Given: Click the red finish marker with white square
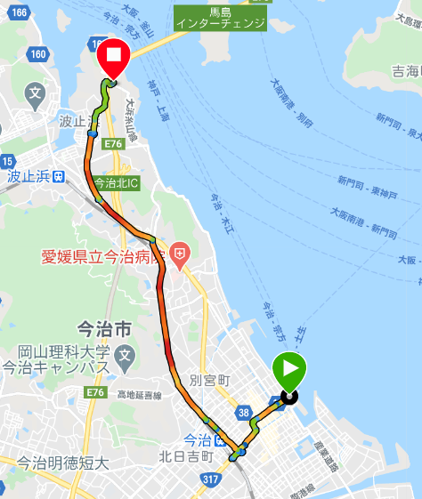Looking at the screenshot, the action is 113,56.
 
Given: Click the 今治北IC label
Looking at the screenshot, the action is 116,183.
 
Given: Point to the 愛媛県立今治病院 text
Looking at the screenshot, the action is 104,258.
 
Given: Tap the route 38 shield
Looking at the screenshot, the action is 242,413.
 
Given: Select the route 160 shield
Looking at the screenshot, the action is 38,54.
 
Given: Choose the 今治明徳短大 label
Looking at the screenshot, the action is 62,463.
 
